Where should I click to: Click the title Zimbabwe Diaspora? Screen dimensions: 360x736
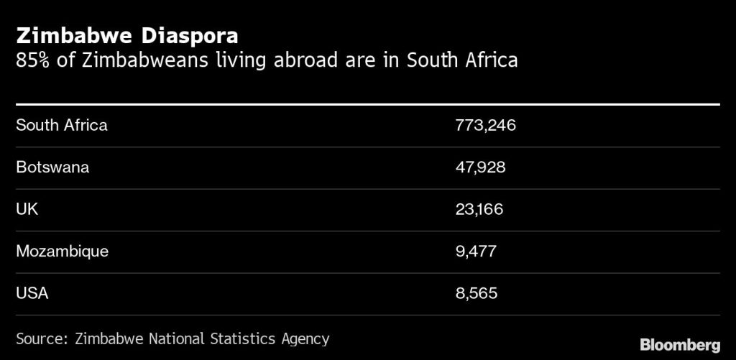point(127,36)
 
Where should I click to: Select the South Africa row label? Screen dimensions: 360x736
point(62,125)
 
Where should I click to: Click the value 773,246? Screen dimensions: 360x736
point(486,125)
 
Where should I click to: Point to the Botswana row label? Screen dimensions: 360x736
point(52,167)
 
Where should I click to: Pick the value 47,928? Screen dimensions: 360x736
point(481,167)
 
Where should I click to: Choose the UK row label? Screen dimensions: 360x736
point(27,209)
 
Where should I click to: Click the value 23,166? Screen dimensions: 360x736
point(479,209)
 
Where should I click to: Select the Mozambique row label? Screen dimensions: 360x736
point(62,251)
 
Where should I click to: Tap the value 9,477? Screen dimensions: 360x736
point(476,251)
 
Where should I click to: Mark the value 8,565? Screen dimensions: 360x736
point(476,293)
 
